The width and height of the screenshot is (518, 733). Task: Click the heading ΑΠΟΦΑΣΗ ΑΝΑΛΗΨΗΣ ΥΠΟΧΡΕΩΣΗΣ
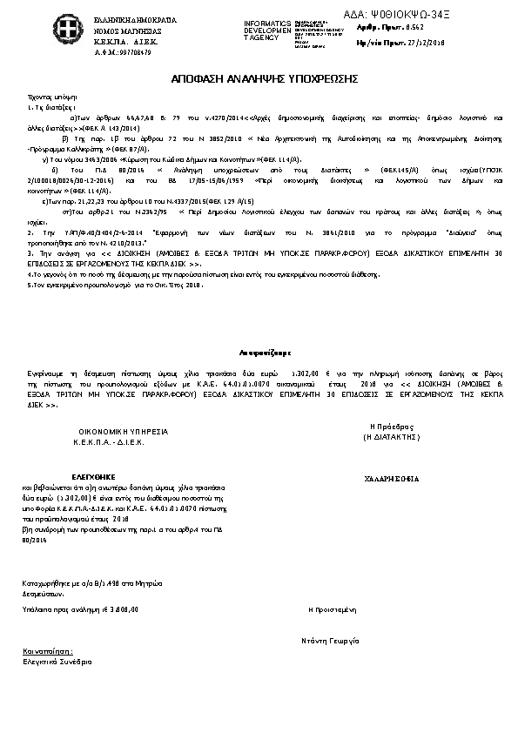click(x=259, y=79)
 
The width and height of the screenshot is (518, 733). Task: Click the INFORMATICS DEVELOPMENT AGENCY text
click(x=266, y=30)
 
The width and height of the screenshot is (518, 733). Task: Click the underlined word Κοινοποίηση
click(x=48, y=651)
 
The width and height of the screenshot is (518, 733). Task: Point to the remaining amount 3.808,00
click(x=122, y=610)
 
